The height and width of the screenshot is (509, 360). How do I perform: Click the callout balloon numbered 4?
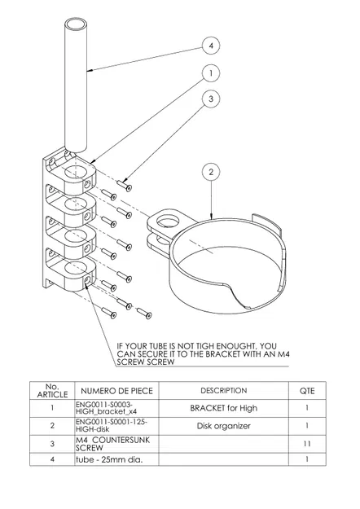(x=211, y=46)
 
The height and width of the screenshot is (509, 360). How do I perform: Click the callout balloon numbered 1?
(x=211, y=72)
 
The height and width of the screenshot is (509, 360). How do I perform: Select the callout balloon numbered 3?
(x=211, y=99)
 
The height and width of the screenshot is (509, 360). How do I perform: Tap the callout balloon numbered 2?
(x=211, y=172)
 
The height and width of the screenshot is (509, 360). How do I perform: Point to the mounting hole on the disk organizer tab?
(x=169, y=221)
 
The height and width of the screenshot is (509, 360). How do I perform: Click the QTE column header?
(x=306, y=390)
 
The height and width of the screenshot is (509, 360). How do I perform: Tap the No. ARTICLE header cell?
(x=51, y=390)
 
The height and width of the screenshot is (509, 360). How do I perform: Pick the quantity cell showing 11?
(x=306, y=443)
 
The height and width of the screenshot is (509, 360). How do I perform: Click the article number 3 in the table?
(x=51, y=443)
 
